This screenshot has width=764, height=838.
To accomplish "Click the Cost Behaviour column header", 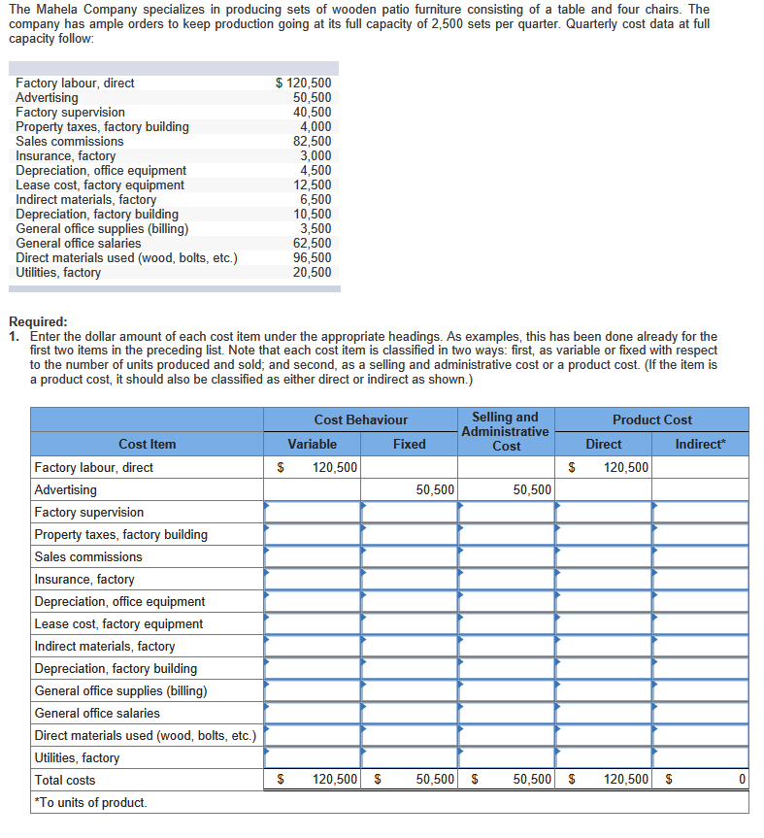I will click(360, 419).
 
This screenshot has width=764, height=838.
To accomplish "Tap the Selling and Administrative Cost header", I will click(506, 431).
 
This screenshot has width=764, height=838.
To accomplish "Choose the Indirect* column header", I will click(700, 444).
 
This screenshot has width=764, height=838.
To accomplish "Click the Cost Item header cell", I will click(148, 444).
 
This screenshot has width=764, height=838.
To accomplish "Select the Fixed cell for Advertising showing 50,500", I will click(409, 489).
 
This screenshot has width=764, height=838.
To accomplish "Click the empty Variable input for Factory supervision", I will click(312, 512).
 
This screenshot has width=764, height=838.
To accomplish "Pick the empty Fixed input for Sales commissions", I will click(409, 556).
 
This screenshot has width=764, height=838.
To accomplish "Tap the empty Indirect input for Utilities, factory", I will click(700, 757).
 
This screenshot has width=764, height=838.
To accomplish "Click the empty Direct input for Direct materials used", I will click(603, 735).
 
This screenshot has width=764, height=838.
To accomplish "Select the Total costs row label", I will click(65, 780).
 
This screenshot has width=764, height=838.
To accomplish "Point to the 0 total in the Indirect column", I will click(741, 779).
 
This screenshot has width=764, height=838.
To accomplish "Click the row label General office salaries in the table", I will click(97, 713).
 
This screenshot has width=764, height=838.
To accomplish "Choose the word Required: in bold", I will click(38, 321).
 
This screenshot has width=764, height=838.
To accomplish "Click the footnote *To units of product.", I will click(90, 802).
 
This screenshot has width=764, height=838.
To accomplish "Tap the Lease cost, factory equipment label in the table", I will click(118, 623).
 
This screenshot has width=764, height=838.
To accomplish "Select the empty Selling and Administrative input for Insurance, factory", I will click(506, 579).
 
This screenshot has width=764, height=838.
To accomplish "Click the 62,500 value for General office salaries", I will click(313, 244).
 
